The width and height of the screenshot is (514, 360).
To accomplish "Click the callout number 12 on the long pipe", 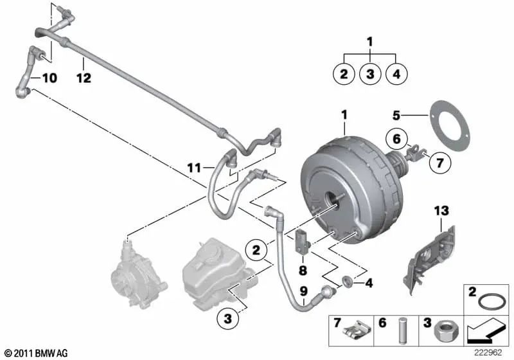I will pyautogui.click(x=84, y=78).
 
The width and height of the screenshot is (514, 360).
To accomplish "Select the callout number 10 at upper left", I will pyautogui.click(x=49, y=78).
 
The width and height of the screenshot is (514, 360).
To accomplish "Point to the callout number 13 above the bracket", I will pyautogui.click(x=442, y=211).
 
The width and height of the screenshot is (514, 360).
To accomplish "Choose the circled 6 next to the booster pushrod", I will pyautogui.click(x=396, y=138).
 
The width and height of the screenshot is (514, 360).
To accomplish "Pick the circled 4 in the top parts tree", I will pyautogui.click(x=396, y=74).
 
